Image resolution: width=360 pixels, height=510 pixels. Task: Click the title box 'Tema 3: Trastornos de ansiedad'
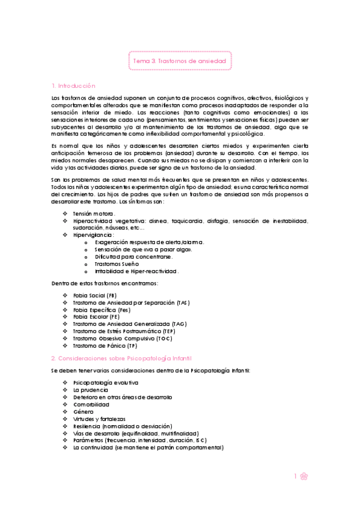coord(180,61)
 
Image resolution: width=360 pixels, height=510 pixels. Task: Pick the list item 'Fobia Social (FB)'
coord(95,295)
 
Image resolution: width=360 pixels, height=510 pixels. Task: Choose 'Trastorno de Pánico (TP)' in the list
coord(105,346)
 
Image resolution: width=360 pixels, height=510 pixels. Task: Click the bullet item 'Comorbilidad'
coord(91,404)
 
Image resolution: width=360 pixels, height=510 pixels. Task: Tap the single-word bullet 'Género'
coord(83,411)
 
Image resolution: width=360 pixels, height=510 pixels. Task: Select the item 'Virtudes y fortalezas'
coord(99,419)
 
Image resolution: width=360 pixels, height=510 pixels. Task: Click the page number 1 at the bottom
coord(296,476)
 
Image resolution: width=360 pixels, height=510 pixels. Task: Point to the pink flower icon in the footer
coord(305,476)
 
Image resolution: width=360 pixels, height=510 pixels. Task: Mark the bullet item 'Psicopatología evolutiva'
coord(105,382)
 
